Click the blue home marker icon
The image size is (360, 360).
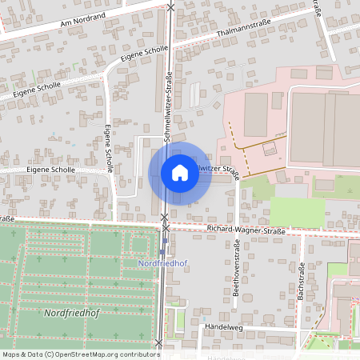180,173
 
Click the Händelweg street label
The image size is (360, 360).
223,327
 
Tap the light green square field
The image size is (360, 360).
297,211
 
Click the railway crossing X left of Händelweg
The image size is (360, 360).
159,343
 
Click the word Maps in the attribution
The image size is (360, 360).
12,354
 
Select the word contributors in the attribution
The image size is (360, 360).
137,354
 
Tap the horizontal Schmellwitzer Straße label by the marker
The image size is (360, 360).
218,170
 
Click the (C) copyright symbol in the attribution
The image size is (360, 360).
50,354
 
